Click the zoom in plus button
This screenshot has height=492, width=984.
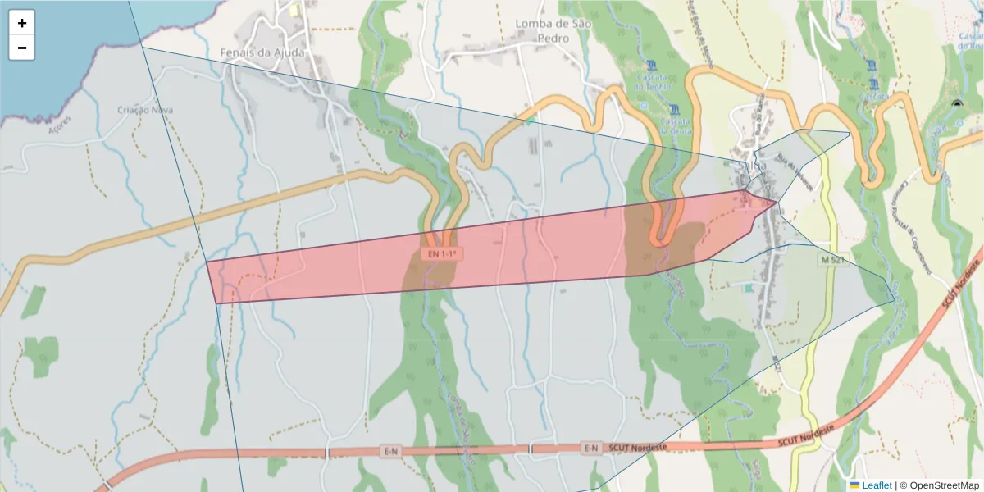tap(22, 24)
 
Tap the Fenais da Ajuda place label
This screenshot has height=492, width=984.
tap(262, 52)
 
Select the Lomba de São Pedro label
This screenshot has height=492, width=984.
tap(542, 30)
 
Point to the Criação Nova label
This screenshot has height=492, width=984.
tap(139, 110)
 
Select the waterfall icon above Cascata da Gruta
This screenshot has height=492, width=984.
tap(674, 109)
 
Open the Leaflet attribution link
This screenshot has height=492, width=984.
tap(877, 485)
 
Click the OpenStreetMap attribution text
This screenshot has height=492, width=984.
tap(939, 485)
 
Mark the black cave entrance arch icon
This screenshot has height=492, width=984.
tap(956, 104)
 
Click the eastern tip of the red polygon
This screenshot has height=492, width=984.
tap(777, 201)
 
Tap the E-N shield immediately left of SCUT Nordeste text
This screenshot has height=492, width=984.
tap(591, 448)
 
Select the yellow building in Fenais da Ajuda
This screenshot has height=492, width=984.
tap(293, 11)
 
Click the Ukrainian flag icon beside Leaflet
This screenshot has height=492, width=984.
tap(854, 485)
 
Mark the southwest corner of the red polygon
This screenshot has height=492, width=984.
tap(216, 303)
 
